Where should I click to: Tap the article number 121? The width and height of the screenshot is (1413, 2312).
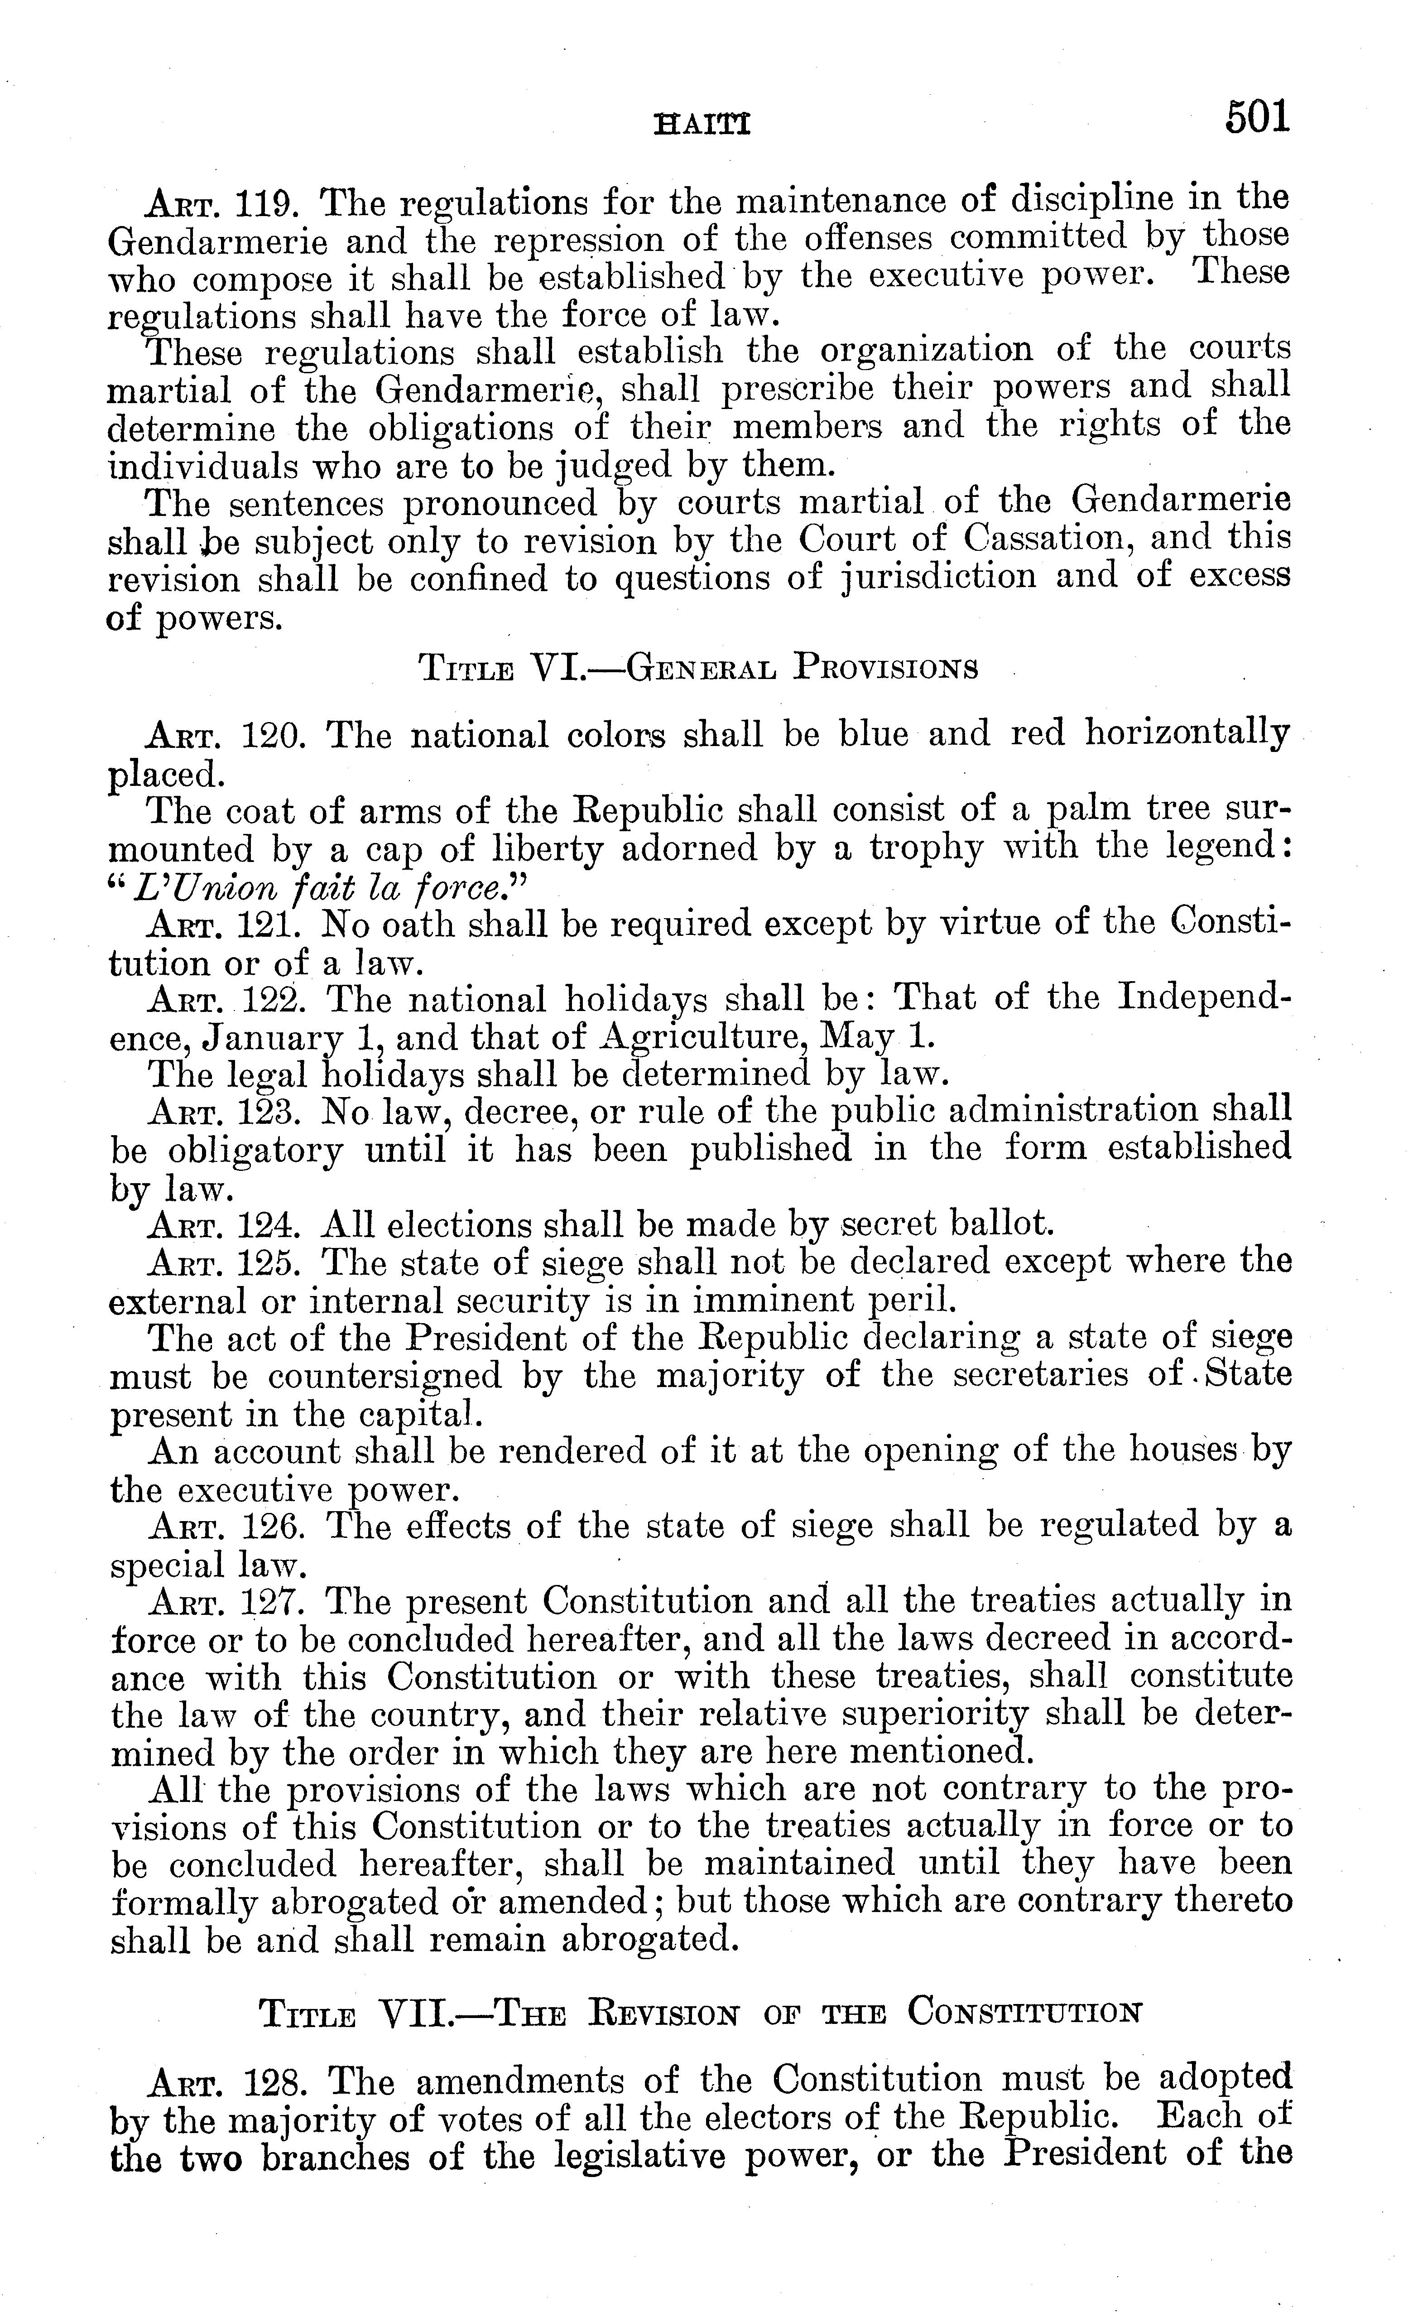click(269, 925)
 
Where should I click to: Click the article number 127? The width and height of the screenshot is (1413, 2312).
click(269, 1602)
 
